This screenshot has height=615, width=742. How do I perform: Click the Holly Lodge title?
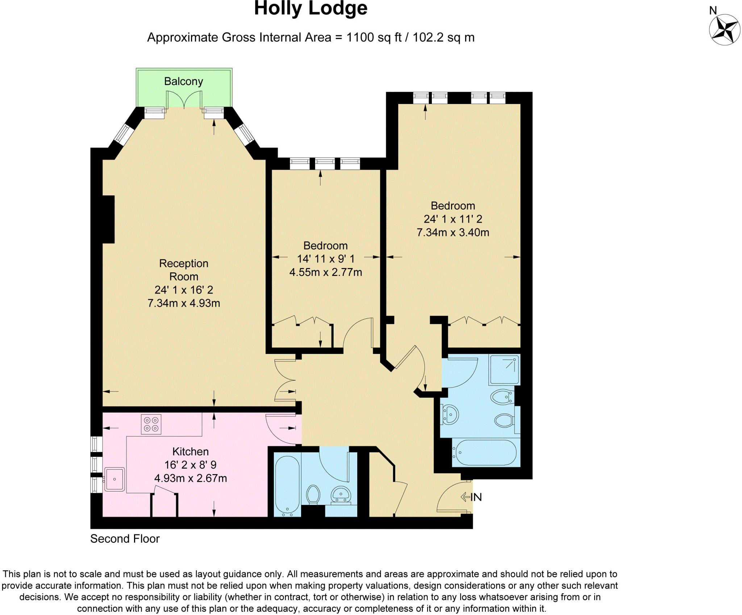(x=310, y=8)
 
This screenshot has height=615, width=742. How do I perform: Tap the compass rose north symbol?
(x=724, y=29)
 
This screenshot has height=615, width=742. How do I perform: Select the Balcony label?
(x=183, y=81)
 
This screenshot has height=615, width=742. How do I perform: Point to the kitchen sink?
(x=114, y=479)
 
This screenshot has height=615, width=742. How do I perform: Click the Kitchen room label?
(x=190, y=452)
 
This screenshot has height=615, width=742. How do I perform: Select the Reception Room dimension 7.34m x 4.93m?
(x=184, y=303)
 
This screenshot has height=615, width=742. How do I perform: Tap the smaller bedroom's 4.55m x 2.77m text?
(x=325, y=272)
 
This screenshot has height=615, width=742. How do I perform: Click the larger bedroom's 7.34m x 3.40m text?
(x=453, y=233)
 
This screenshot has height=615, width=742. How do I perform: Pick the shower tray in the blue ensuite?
(x=504, y=369)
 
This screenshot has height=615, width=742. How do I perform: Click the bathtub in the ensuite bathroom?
(x=486, y=452)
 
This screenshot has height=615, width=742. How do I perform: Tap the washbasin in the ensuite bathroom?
(x=450, y=414)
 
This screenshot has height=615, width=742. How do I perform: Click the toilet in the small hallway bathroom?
(x=313, y=494)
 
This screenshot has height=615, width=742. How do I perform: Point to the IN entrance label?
(x=476, y=497)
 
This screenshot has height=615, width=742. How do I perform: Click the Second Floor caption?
(x=125, y=539)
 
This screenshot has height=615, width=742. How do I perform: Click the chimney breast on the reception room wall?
(x=108, y=219)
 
